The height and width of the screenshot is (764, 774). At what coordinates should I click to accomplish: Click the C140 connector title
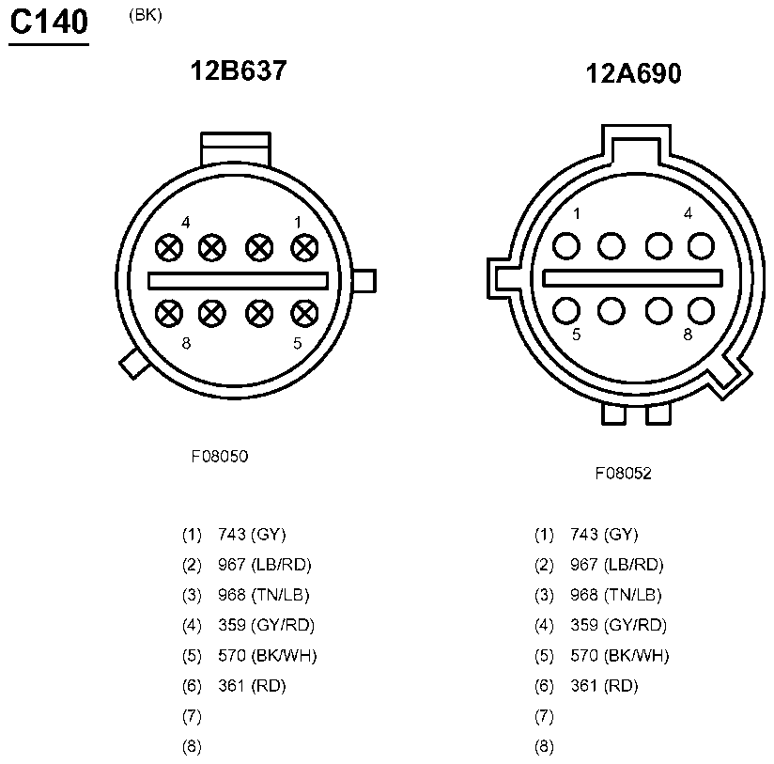49,23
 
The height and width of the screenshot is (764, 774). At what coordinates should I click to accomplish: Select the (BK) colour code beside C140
146,15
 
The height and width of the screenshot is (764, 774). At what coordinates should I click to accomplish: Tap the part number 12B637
239,70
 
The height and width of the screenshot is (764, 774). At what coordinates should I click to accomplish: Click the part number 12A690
633,74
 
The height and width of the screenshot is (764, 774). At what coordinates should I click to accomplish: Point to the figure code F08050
220,456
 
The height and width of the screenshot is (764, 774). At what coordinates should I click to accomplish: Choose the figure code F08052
623,473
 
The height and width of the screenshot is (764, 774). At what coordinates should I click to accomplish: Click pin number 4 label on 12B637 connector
186,223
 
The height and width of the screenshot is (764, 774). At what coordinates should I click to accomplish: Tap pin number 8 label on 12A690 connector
688,335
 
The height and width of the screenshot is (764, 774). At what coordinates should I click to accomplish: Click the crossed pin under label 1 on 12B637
304,248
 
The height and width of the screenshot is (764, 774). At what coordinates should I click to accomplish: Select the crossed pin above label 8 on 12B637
169,313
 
